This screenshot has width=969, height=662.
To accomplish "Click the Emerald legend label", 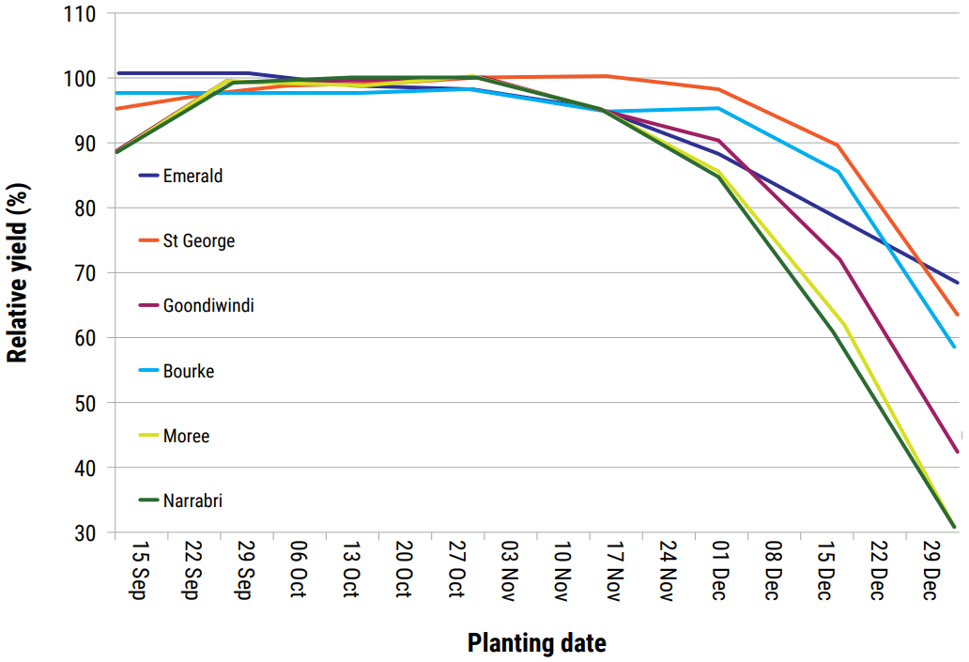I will [192, 176].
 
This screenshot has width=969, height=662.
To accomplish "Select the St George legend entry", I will [198, 241].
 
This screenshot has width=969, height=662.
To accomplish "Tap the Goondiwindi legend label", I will [208, 306].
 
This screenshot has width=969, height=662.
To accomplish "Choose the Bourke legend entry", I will [188, 371].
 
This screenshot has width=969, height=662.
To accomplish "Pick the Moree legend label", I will [186, 436].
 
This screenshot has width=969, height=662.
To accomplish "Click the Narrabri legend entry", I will [192, 500].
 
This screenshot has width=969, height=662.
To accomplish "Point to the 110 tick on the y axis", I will [80, 14].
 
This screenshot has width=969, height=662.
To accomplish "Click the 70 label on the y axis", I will [85, 273].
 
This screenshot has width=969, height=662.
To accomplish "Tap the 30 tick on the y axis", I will [85, 532].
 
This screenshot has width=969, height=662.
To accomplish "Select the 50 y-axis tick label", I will [85, 403].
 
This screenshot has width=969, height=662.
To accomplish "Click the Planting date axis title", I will [536, 643].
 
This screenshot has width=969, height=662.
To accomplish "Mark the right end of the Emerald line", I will [957, 283].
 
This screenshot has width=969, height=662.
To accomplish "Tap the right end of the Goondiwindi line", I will [957, 453].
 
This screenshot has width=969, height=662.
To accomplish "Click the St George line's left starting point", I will [115, 109].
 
